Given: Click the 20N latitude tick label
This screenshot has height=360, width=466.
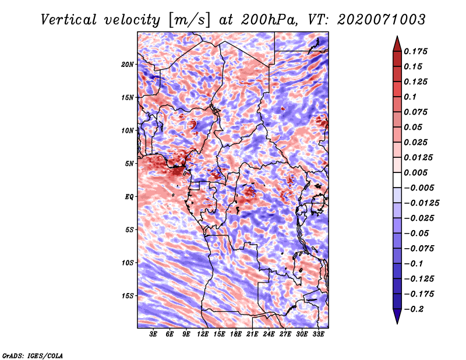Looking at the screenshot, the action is point(128,65).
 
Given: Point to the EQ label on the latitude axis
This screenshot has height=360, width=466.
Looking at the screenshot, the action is point(129,197).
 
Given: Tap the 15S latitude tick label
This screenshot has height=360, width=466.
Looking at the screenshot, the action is point(128,296).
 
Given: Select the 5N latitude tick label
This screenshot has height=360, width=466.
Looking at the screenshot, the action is point(129,164).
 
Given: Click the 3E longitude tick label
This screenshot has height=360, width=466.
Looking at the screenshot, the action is point(153,334).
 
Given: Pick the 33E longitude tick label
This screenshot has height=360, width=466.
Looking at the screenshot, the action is point(318,334).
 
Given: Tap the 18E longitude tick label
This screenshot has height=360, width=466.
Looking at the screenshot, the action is point(236,334).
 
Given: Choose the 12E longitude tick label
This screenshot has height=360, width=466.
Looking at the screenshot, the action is point(203,334).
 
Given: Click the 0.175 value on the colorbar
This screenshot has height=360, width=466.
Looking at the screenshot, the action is point(415,51).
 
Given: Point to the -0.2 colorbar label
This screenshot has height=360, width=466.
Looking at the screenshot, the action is point(414,309).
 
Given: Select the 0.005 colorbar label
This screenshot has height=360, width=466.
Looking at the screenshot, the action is point(415,172).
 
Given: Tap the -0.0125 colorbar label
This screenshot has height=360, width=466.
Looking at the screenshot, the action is point(421,203).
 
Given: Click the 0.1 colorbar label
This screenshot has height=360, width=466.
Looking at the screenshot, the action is point(410,97).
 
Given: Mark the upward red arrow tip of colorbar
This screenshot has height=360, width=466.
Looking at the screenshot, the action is point(397,36).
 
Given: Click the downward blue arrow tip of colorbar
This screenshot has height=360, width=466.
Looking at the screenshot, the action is point(397,323).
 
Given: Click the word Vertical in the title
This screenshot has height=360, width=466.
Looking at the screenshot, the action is point(69,20).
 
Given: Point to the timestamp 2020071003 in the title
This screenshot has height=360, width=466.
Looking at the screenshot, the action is point(382,20).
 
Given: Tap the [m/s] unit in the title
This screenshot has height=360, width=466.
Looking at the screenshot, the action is point(189,20).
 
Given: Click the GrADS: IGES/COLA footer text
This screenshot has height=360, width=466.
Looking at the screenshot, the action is point(33,355).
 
